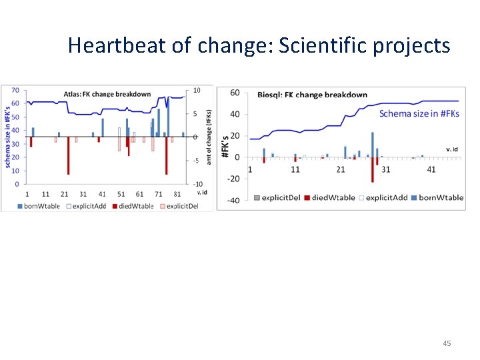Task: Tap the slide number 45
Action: coord(447,343)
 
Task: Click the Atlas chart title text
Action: coord(107,94)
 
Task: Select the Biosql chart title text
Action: coord(312,95)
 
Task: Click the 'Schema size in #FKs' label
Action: coord(418,113)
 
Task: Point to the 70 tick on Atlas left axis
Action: coord(14,90)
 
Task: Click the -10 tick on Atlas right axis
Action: coord(197,184)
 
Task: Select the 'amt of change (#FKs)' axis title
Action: coord(208,137)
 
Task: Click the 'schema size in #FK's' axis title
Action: coord(6,137)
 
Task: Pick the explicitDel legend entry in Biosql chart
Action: coord(279,197)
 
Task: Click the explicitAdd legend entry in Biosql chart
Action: coord(386,197)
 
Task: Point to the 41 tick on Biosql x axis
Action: coord(431,169)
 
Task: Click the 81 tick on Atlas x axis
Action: coord(177,193)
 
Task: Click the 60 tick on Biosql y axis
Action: coord(234,93)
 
